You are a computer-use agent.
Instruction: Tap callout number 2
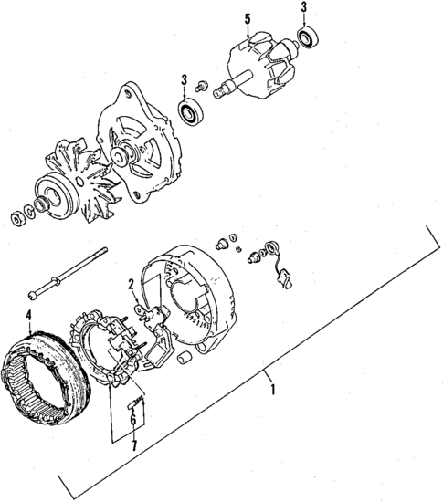[132, 283]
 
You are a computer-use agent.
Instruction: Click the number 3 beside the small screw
[185, 78]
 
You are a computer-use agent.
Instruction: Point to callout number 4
[29, 317]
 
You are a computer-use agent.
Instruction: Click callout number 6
[133, 421]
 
